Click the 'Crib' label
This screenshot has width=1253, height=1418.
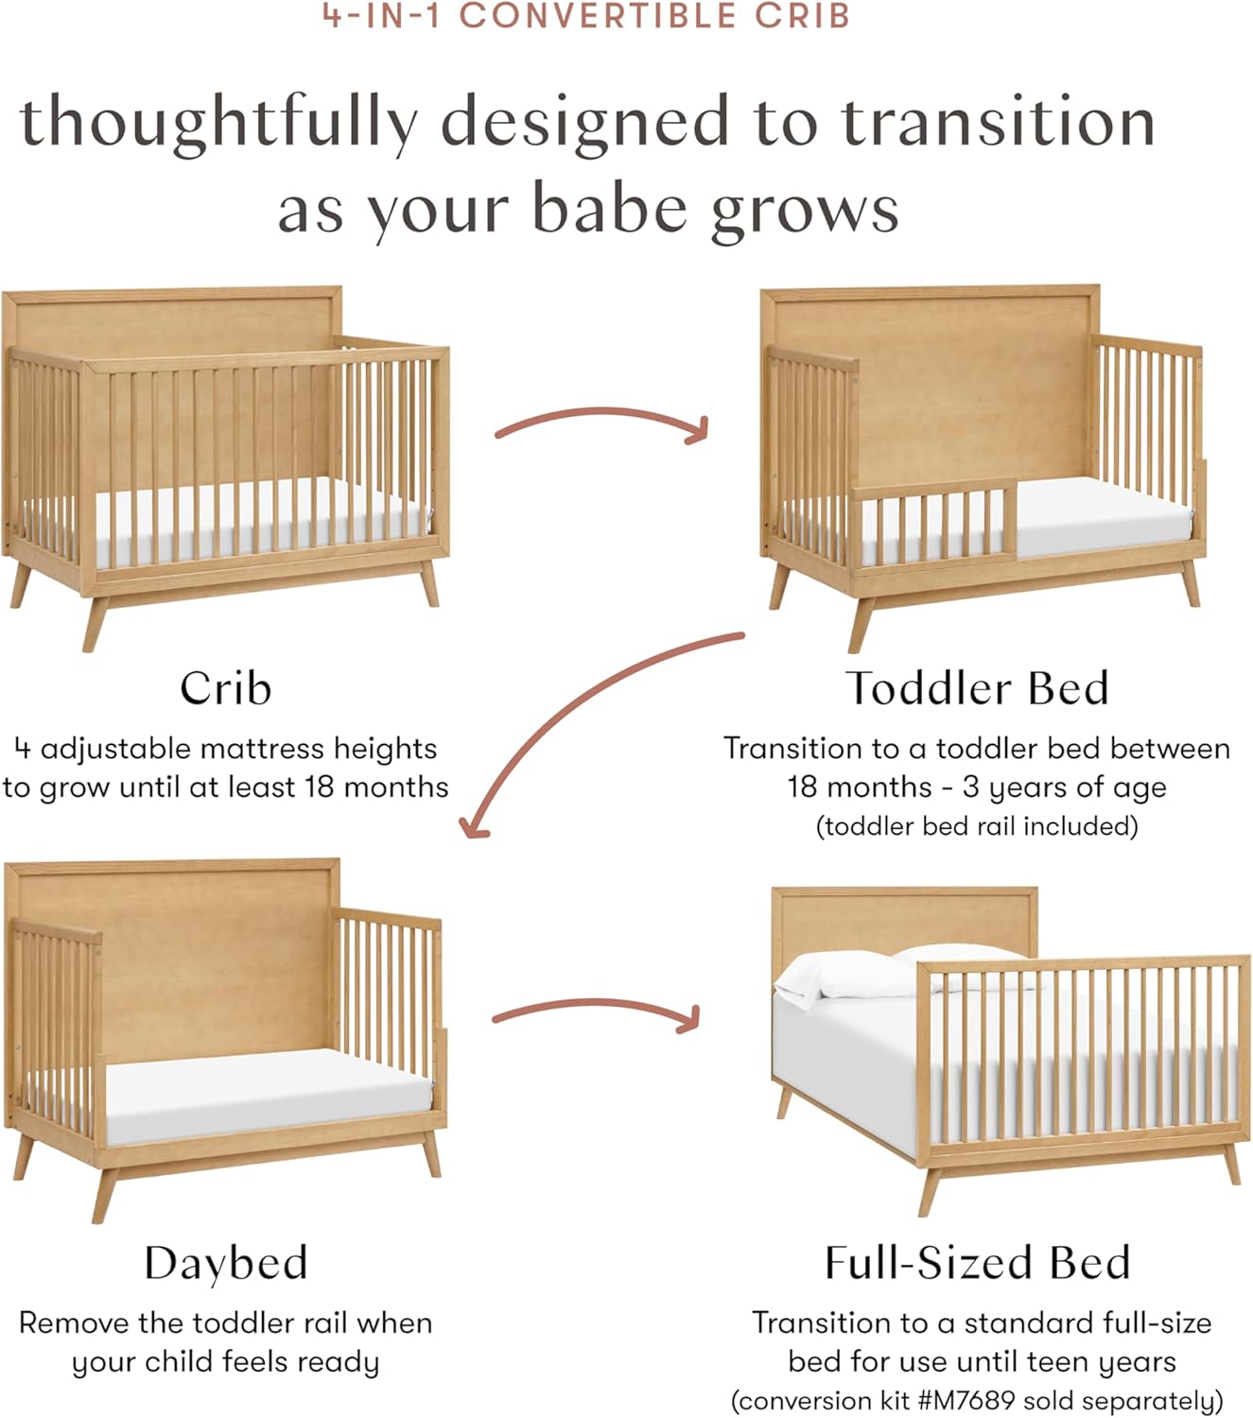pyautogui.click(x=225, y=688)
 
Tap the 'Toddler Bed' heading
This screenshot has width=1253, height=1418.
pyautogui.click(x=977, y=688)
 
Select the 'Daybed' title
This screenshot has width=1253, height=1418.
pyautogui.click(x=226, y=1263)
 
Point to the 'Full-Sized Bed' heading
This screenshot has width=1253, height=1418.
pyautogui.click(x=977, y=1263)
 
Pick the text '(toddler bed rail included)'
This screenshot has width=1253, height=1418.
pyautogui.click(x=977, y=826)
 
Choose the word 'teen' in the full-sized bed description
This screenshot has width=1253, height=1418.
pyautogui.click(x=1060, y=1361)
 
